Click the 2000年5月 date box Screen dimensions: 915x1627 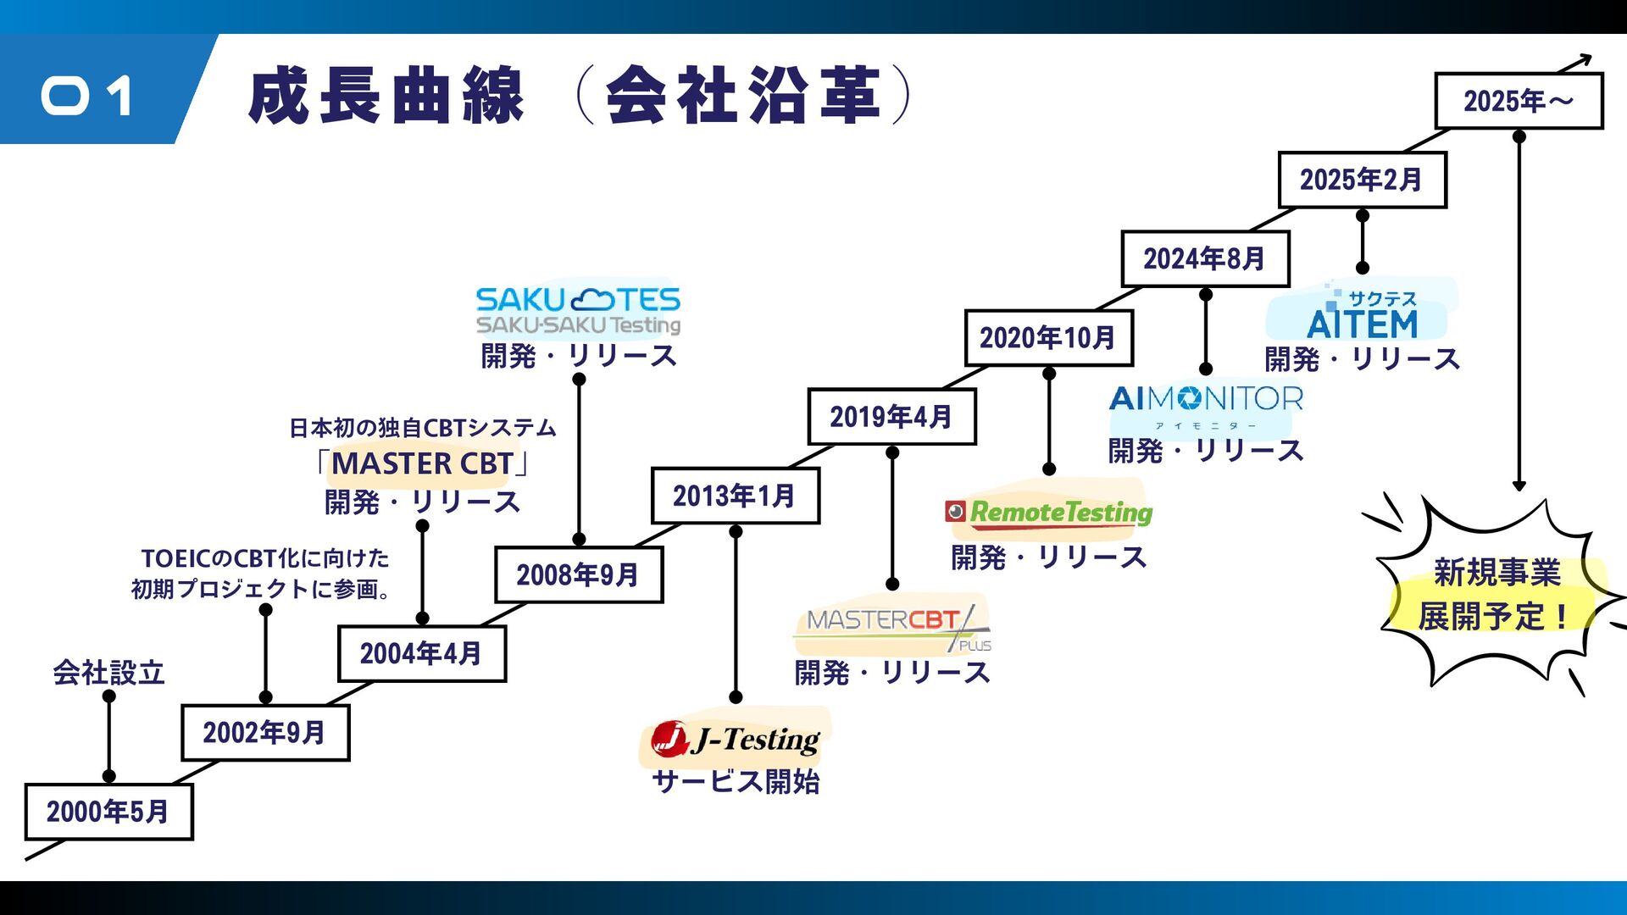point(108,812)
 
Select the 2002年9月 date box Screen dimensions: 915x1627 point(265,733)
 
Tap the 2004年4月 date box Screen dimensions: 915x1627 point(422,654)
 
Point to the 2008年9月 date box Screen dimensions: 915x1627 point(579,575)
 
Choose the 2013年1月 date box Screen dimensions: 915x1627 point(736,496)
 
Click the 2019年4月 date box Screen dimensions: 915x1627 point(891,417)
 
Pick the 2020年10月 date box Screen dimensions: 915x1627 point(1048,338)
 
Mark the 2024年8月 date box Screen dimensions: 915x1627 point(1205,259)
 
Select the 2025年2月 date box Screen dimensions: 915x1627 point(1362,180)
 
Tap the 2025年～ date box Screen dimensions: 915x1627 point(1519,101)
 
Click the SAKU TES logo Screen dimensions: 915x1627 point(578,310)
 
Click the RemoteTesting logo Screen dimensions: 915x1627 point(1049,513)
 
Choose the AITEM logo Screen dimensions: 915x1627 point(1362,314)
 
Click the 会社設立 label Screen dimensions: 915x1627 point(108,673)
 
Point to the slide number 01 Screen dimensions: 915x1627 point(87,96)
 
